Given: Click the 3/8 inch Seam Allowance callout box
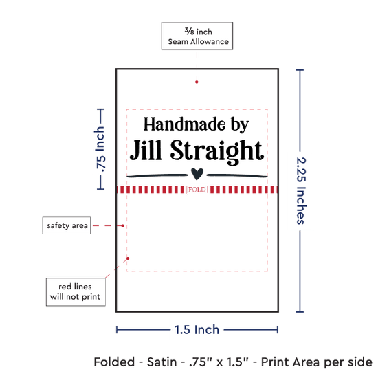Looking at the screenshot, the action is pos(197,36).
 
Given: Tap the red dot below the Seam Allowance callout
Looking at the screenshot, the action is pos(197,82).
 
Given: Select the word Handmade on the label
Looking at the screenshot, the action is pos(185,124).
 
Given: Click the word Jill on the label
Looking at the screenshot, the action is pos(146,150).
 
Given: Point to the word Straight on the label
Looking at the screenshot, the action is pos(217,152).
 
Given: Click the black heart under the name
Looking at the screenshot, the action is pos(197,174).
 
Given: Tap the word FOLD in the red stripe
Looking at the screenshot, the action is pos(197,190).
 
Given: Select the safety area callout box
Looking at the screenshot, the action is pos(67,225).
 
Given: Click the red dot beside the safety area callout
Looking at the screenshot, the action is pos(123,226).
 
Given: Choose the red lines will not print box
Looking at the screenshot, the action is pos(76,291).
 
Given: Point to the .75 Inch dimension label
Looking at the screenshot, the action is pos(100,149).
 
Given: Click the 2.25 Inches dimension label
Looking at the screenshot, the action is pos(301,191).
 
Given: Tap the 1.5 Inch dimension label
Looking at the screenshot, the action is pos(197,329).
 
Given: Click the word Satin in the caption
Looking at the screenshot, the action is pos(162,362).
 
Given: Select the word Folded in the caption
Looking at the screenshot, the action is pos(114,362).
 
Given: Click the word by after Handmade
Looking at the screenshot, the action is pos(240,125).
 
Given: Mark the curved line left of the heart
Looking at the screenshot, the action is pos(157,175).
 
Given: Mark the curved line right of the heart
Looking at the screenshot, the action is pos(237,175).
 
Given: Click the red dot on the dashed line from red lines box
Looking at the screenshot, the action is pos(128,258).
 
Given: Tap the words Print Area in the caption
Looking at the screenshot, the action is pos(291,362).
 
